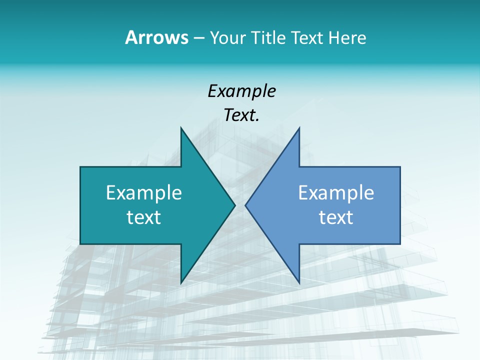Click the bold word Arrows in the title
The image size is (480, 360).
[x=156, y=37]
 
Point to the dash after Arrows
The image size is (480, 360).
[x=198, y=38]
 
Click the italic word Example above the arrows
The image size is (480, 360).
[x=241, y=91]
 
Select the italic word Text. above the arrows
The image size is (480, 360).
[x=241, y=115]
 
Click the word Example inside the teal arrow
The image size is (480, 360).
[x=144, y=192]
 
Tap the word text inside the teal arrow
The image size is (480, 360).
[x=144, y=217]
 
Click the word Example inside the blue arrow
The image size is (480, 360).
[x=336, y=192]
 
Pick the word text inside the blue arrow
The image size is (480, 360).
[x=336, y=217]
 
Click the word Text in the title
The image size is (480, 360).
[x=306, y=37]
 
